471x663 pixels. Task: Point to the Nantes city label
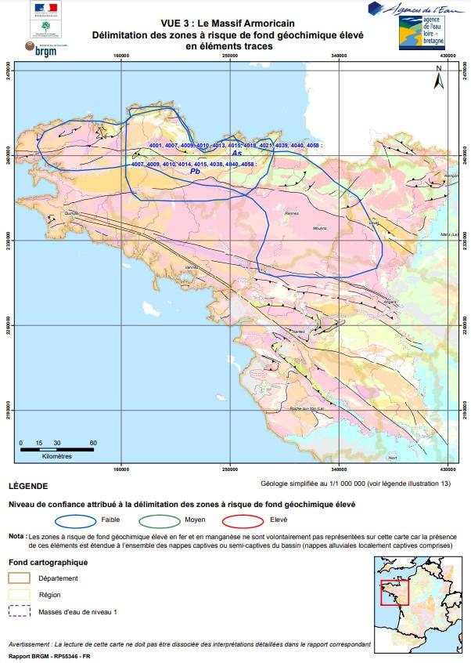pyautogui.click(x=297, y=332)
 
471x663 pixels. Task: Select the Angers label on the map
pyautogui.click(x=390, y=301)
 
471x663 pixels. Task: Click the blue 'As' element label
pyautogui.click(x=236, y=154)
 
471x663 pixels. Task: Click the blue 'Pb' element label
pyautogui.click(x=195, y=172)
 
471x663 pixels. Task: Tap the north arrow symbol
pyautogui.click(x=439, y=78)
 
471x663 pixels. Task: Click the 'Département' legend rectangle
pyautogui.click(x=20, y=578)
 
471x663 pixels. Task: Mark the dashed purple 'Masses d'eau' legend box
pyautogui.click(x=20, y=611)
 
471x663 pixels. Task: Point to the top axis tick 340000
pyautogui.click(x=339, y=56)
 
